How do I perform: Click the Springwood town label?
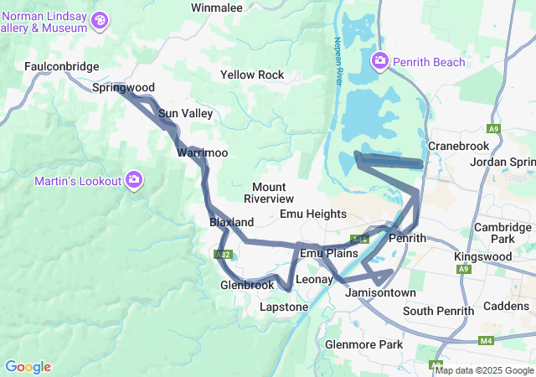coord(123,87)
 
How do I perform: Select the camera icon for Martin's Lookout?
coord(134,180)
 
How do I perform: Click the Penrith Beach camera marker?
coord(379,61)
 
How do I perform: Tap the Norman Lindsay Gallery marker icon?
coord(100,19)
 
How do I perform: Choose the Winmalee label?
coord(216,8)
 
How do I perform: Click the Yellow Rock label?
coord(252,75)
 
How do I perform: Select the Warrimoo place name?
coord(202,152)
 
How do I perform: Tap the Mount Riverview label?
coord(269,193)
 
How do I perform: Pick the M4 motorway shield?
coord(487,341)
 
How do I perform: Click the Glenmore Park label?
coord(363,344)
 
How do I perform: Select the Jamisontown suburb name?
coord(380,292)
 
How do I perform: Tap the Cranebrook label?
coord(457,146)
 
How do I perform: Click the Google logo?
coord(28,367)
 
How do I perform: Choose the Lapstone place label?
coord(284,307)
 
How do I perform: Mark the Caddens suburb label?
coord(506,306)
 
